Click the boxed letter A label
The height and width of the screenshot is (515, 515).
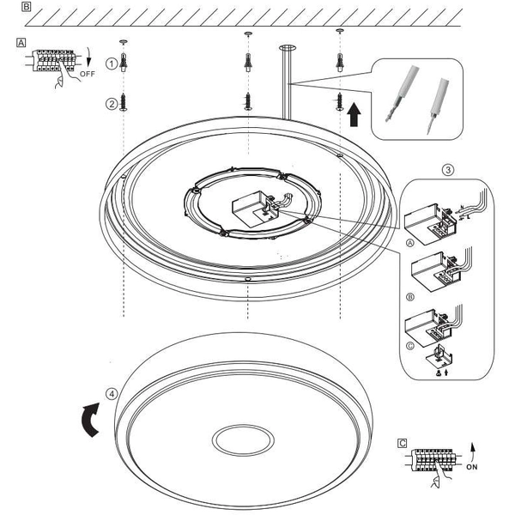tap(21, 41)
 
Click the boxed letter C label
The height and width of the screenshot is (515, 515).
tap(403, 443)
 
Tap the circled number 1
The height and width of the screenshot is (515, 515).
tap(112, 64)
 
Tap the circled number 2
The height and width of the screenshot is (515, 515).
tap(112, 104)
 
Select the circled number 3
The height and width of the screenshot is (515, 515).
tap(448, 169)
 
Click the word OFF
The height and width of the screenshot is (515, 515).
tap(87, 75)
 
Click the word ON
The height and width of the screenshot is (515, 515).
tap(471, 470)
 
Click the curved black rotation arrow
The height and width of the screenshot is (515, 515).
tap(89, 422)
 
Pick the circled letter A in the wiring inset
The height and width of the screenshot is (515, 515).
tap(411, 243)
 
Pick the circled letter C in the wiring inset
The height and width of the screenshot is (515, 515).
tap(411, 345)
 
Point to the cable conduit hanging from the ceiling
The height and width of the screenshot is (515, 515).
tap(285, 82)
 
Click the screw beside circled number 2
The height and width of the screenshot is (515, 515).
tap(125, 100)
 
